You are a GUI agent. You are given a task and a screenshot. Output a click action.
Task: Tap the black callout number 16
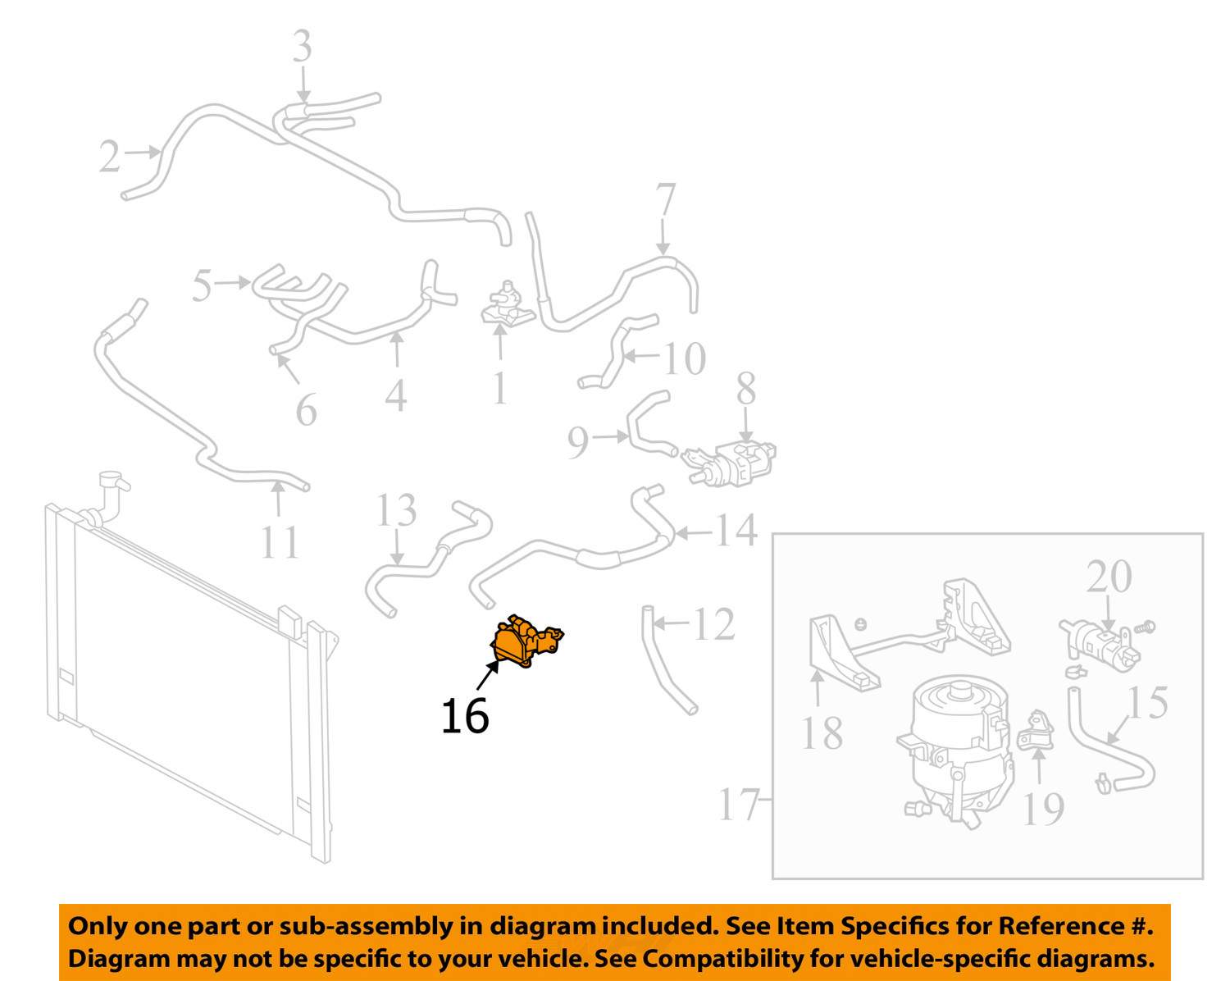464,716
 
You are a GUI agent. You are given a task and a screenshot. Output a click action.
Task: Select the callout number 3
303,47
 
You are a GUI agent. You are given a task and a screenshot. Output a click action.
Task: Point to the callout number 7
665,201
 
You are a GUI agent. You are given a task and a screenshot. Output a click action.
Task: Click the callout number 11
280,541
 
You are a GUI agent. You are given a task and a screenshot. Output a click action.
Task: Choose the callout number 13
396,511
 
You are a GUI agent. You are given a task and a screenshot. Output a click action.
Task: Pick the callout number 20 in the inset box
1109,577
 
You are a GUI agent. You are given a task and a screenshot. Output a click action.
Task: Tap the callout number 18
822,733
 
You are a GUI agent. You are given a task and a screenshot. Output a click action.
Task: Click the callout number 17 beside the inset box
738,805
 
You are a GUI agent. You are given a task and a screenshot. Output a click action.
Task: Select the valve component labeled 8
732,463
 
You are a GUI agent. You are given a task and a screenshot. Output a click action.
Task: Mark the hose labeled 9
648,423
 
